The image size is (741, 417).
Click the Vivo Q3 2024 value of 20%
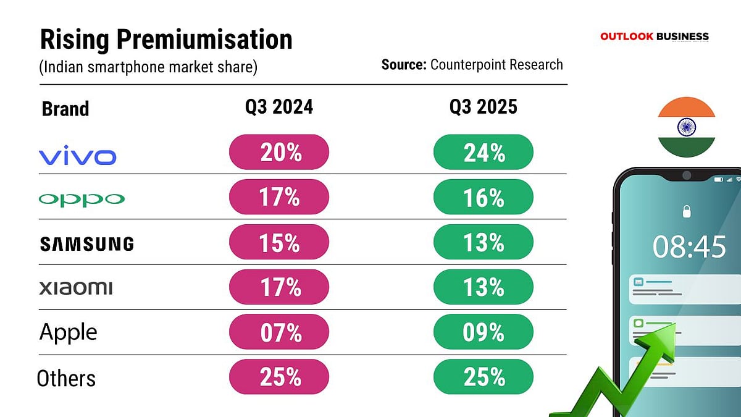(x=279, y=152)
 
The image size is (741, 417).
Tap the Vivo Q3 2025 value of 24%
(x=484, y=152)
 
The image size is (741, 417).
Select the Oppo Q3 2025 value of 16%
(x=484, y=197)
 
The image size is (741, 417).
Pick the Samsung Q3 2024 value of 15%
(x=279, y=242)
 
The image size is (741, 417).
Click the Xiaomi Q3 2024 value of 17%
(x=279, y=287)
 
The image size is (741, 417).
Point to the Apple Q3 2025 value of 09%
(x=484, y=332)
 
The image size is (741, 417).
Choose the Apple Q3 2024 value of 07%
(x=279, y=332)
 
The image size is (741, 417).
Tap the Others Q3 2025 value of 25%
(x=484, y=376)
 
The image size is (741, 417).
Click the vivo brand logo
(x=77, y=157)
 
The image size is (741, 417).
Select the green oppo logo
(x=81, y=200)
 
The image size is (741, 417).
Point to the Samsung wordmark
(x=86, y=244)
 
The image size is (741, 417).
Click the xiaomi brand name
(x=75, y=288)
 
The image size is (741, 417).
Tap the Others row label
(x=66, y=378)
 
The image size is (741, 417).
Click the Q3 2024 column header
(x=279, y=107)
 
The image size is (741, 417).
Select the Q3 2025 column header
(x=483, y=107)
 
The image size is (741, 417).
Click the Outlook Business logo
(x=655, y=36)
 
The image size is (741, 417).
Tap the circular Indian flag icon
(x=687, y=127)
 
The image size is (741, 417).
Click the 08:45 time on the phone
(x=689, y=247)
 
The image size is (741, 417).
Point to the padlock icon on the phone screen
(x=686, y=213)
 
